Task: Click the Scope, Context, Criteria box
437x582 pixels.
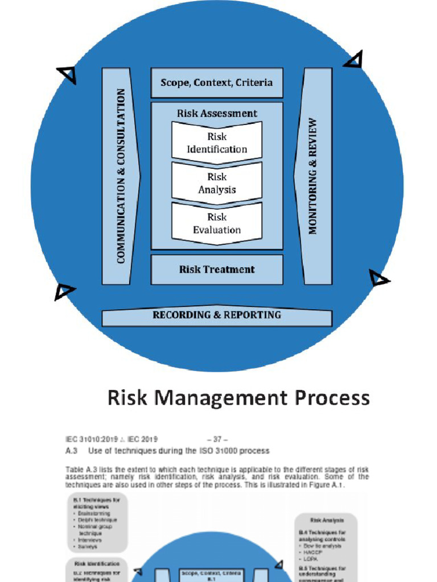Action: click(216, 83)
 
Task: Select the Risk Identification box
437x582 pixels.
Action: click(217, 143)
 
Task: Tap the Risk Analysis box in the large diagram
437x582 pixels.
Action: click(217, 183)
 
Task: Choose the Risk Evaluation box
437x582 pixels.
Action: click(217, 223)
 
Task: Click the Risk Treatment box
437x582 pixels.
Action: click(216, 269)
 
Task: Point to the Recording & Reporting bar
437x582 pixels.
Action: click(216, 315)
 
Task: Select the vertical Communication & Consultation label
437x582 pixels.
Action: click(121, 176)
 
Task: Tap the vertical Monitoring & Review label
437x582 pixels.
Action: click(313, 176)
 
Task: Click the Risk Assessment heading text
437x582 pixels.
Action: click(217, 113)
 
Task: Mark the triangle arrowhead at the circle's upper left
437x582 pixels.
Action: click(67, 74)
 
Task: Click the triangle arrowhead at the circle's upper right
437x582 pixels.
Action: click(354, 59)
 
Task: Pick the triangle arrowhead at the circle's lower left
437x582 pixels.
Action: click(64, 291)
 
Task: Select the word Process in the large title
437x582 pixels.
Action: click(332, 398)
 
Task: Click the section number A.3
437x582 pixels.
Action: click(72, 451)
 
